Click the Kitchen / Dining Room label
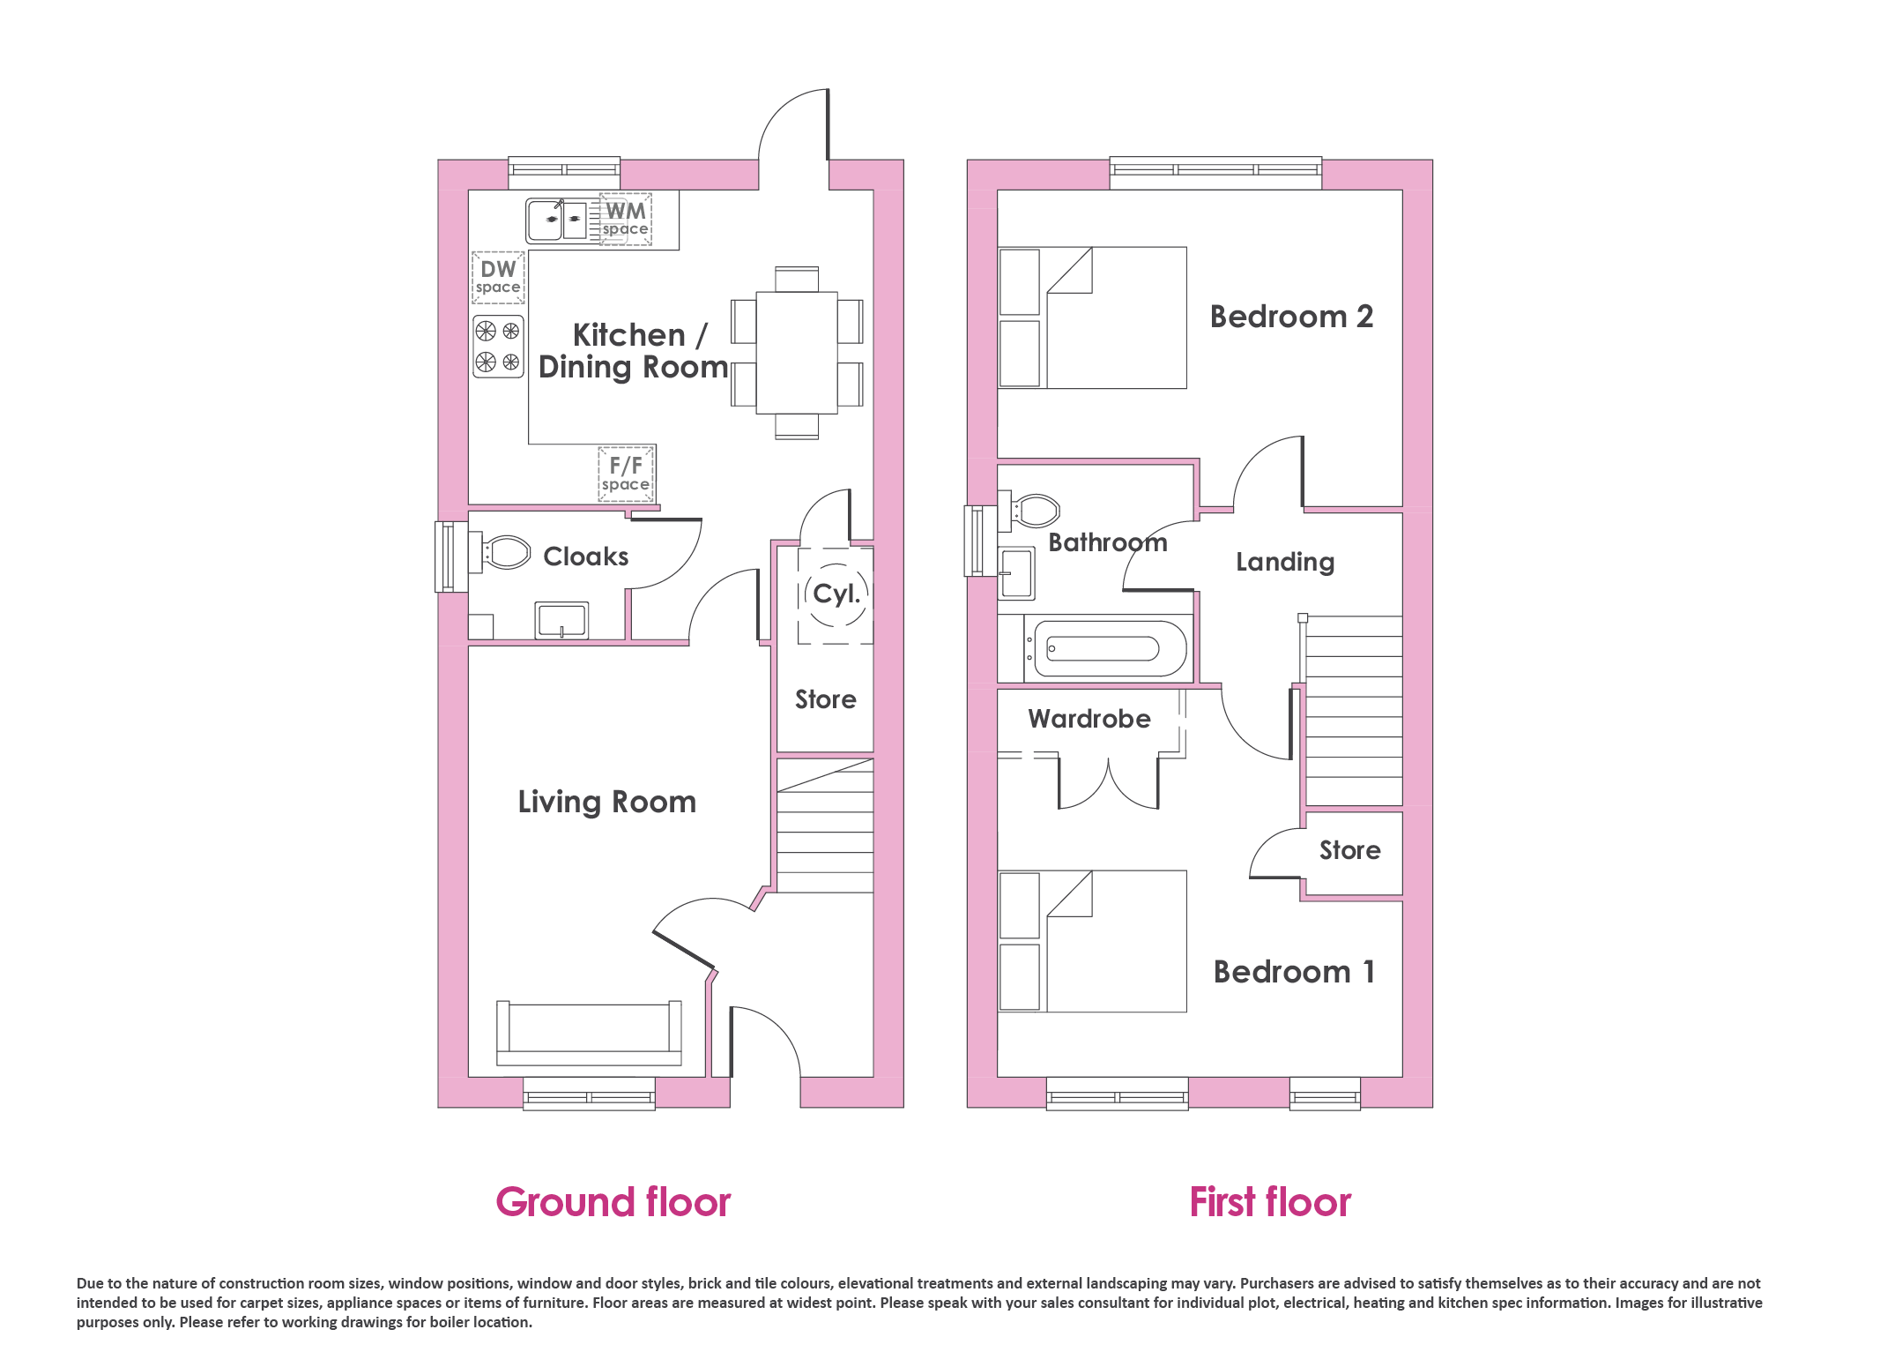point(633,351)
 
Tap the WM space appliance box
point(626,219)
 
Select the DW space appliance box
point(498,277)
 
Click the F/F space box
point(626,474)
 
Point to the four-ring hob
point(498,347)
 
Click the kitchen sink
point(557,220)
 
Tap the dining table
point(797,353)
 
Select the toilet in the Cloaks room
point(506,553)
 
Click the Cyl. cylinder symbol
point(836,595)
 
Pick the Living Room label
point(607,803)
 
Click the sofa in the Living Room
point(589,1033)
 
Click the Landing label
point(1285,563)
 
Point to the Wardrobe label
point(1089,719)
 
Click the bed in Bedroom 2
point(1092,317)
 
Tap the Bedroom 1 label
point(1294,972)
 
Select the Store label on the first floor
point(1350,850)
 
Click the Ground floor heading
point(613,1203)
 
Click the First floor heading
point(1270,1203)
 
